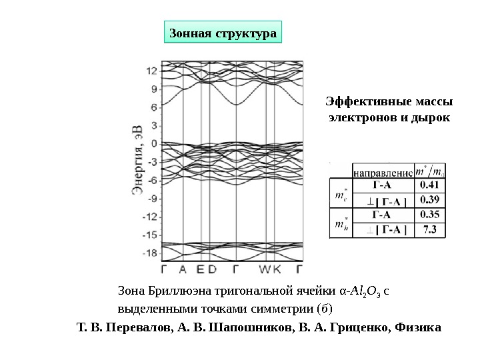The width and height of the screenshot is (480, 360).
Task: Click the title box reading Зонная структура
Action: point(223,32)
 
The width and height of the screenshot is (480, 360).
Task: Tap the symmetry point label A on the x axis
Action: point(183,270)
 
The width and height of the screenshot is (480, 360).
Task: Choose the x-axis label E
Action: point(199,270)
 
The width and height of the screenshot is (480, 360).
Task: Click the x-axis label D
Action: point(212,270)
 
